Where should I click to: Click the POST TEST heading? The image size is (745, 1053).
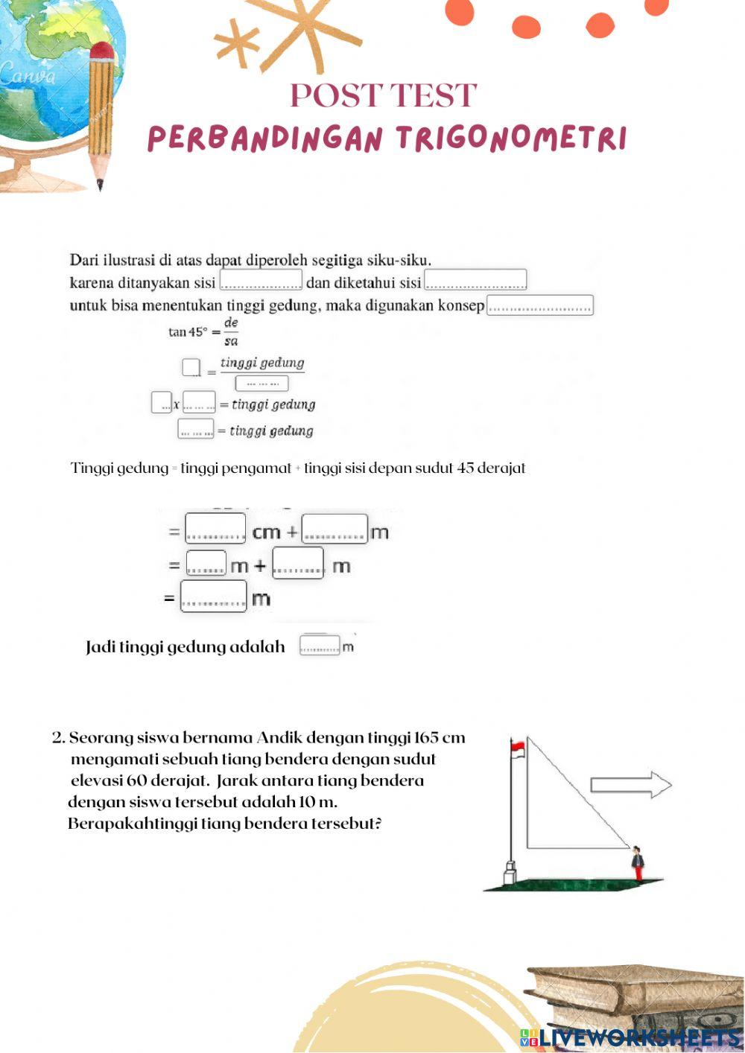(x=383, y=95)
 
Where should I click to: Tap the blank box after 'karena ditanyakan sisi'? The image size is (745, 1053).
(x=261, y=281)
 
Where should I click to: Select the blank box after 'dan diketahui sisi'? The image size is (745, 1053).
(x=475, y=281)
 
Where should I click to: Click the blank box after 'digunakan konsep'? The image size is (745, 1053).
(x=540, y=305)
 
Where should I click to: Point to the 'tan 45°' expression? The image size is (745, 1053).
(x=186, y=332)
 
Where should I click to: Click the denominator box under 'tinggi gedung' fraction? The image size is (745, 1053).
(x=261, y=384)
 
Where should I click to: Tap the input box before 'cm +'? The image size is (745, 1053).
(x=215, y=528)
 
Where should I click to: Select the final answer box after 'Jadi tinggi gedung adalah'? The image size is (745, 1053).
(x=320, y=645)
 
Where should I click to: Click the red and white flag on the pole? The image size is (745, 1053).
(x=517, y=745)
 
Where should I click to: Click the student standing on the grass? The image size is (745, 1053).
(x=637, y=864)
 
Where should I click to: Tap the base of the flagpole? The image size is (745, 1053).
(x=510, y=871)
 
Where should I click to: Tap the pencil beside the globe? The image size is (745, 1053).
(x=101, y=112)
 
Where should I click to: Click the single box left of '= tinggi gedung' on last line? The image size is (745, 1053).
(x=196, y=430)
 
